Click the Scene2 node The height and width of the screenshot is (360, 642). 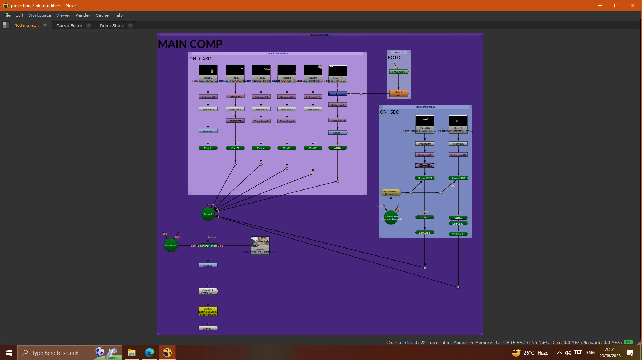[x=208, y=214]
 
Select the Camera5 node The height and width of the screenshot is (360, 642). [x=171, y=245]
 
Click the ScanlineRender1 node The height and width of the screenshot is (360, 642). [x=208, y=246]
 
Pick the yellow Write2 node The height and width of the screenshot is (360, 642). [x=208, y=312]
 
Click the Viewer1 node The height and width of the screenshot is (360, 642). [x=208, y=328]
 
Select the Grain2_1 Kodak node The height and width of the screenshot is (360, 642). [x=208, y=291]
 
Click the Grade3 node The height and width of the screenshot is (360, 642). [x=208, y=266]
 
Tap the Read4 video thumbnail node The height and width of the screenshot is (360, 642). [x=260, y=244]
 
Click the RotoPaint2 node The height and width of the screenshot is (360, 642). [x=399, y=72]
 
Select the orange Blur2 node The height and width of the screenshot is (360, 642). [x=399, y=93]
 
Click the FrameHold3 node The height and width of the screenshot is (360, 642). [x=391, y=193]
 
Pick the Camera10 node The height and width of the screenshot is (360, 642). [x=391, y=217]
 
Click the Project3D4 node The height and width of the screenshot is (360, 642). [x=458, y=178]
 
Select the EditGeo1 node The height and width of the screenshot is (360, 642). [x=424, y=233]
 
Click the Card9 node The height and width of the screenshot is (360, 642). [x=337, y=148]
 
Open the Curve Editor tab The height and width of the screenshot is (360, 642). [x=69, y=26]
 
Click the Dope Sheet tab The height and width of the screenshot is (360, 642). [x=112, y=26]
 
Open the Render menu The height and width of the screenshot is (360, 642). [x=83, y=15]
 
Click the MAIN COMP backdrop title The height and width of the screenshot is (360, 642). [x=190, y=44]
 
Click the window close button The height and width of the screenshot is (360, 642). [x=633, y=5]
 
